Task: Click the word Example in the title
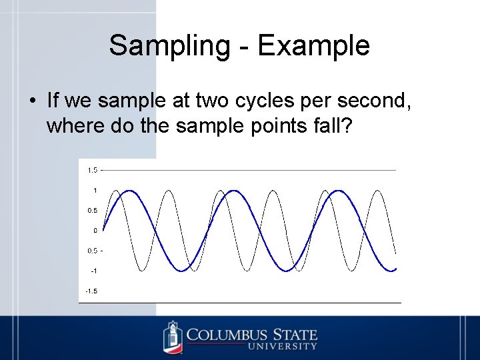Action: [313, 46]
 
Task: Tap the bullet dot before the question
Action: [32, 102]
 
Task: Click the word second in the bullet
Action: [373, 101]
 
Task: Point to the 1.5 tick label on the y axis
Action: [91, 170]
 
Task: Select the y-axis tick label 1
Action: [95, 191]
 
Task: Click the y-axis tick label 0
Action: [95, 231]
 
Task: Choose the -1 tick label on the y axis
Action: [93, 271]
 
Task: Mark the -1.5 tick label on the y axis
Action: [91, 291]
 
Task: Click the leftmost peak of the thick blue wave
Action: [129, 191]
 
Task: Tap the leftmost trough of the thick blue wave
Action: [181, 271]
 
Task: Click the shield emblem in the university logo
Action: [173, 337]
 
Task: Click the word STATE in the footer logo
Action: [294, 334]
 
